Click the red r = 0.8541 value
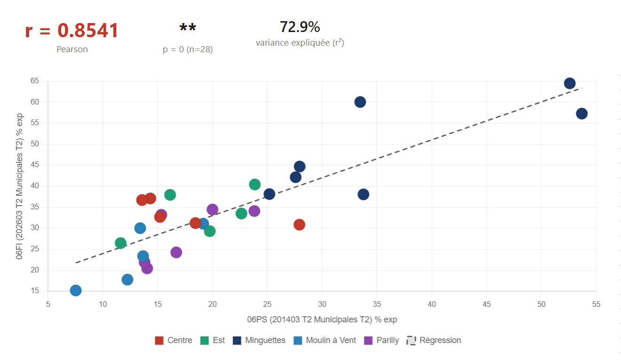coord(72,31)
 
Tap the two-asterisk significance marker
coord(188,29)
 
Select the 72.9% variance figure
coord(299,27)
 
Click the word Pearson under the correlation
coord(72,49)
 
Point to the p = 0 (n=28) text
coord(188,49)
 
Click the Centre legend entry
coord(174,340)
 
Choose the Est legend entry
coord(213,340)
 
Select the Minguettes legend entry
coord(259,340)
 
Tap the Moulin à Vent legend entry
coord(325,340)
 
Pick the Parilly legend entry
coord(382,340)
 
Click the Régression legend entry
coord(434,340)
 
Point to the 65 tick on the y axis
coord(34,81)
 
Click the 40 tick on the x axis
coord(432,304)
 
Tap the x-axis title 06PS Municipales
coord(322,320)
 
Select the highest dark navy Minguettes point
coord(570,83)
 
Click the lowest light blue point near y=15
coord(76,290)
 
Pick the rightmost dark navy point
coord(582,113)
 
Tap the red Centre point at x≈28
coord(299,224)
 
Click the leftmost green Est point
coord(121,243)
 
